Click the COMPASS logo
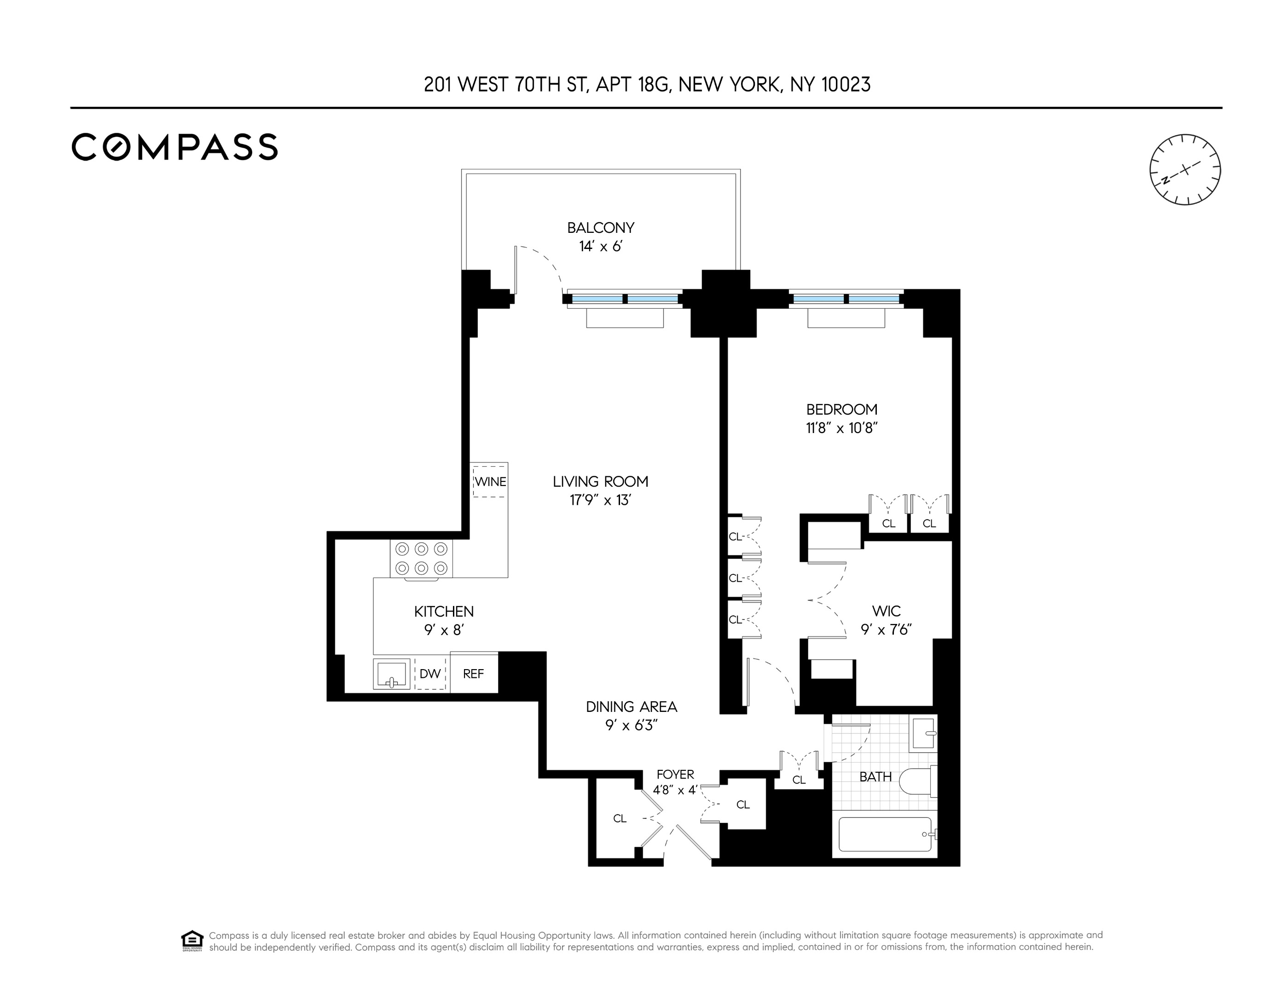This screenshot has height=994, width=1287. click(x=174, y=147)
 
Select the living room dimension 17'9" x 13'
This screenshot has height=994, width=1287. click(x=601, y=500)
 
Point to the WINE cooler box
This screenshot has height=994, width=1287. click(x=490, y=481)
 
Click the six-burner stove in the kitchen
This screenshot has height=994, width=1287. click(x=421, y=559)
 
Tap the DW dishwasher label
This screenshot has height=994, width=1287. click(x=430, y=673)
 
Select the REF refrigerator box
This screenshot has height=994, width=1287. click(x=474, y=673)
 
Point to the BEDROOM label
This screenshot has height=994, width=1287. click(x=841, y=409)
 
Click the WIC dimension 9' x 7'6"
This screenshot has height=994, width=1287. click(x=886, y=630)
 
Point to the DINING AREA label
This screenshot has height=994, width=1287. click(x=631, y=706)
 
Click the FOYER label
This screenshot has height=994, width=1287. click(x=675, y=774)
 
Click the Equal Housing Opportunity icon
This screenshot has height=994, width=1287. click(x=192, y=940)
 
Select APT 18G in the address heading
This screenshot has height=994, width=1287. click(x=632, y=85)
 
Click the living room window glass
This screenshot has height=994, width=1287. click(x=625, y=299)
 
